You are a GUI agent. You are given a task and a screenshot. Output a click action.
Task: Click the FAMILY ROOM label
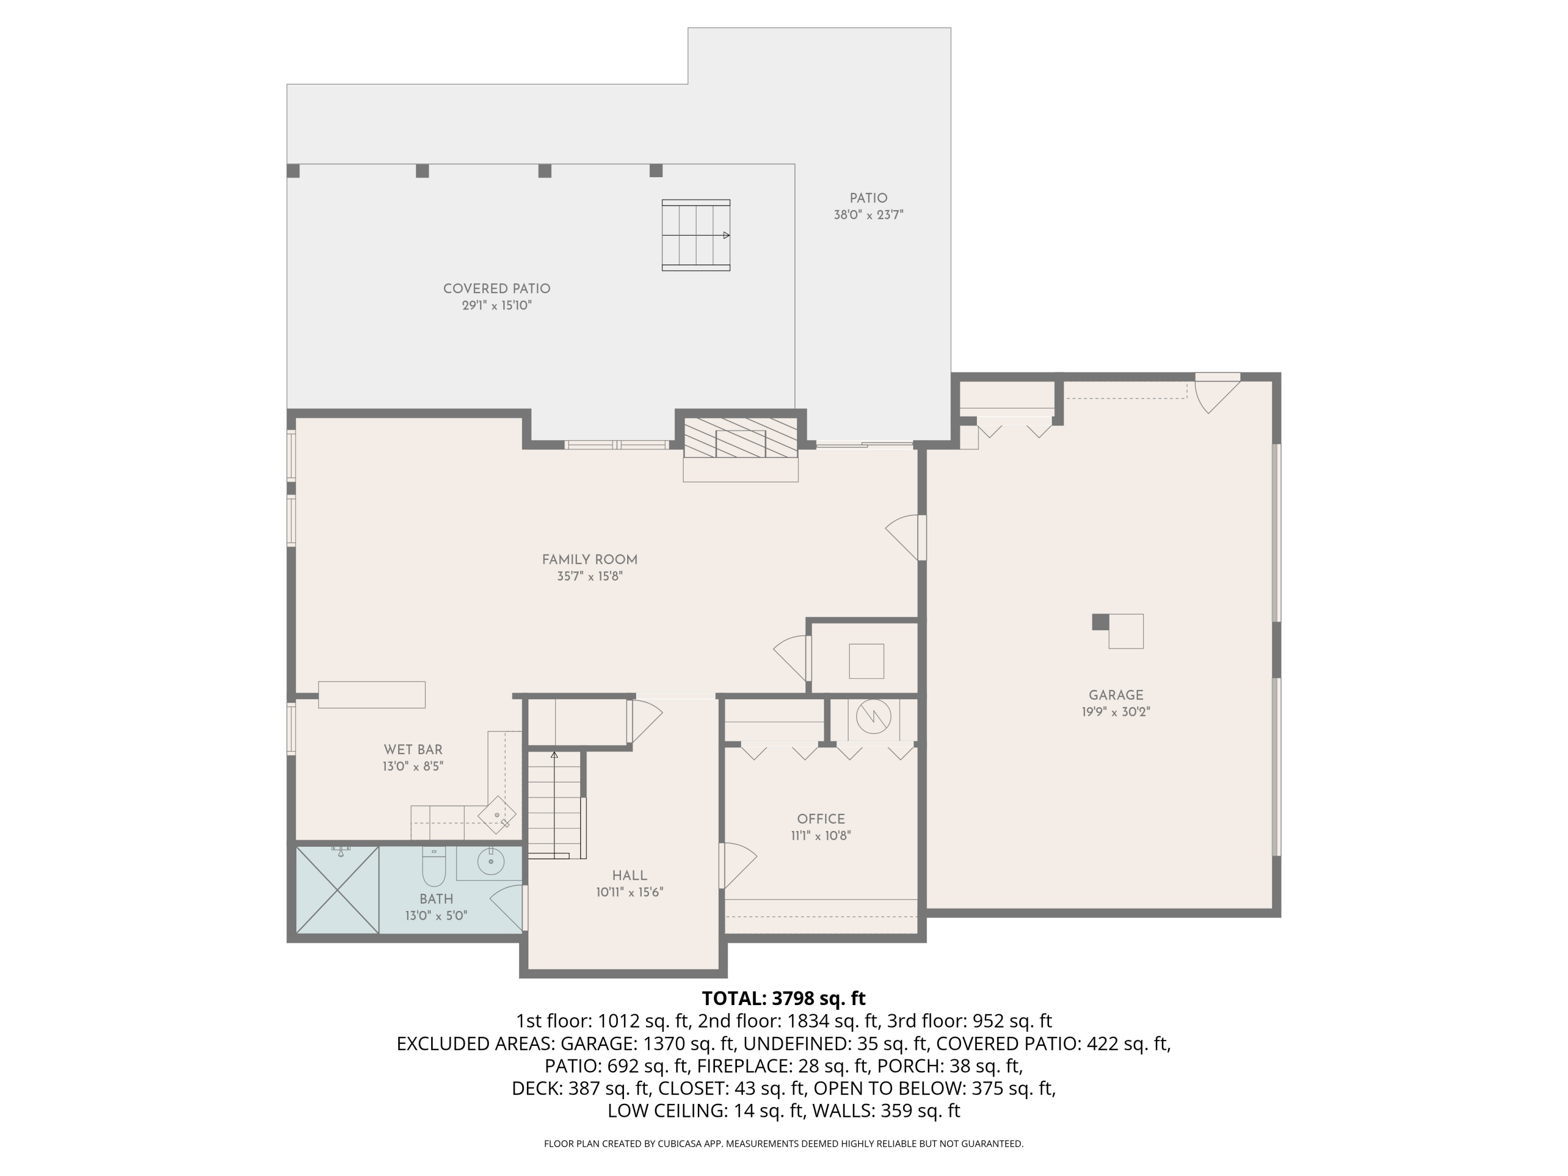pyautogui.click(x=590, y=560)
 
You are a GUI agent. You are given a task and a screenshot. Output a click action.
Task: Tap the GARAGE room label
pyautogui.click(x=1116, y=695)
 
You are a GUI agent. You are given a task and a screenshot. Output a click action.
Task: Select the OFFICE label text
pyautogui.click(x=821, y=818)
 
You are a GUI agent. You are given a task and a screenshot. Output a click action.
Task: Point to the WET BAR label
pyautogui.click(x=413, y=750)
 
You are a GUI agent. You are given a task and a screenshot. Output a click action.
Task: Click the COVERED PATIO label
pyautogui.click(x=497, y=289)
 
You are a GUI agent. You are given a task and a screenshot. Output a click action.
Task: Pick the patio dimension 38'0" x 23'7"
pyautogui.click(x=868, y=215)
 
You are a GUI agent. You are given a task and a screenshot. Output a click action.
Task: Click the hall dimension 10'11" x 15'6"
pyautogui.click(x=629, y=893)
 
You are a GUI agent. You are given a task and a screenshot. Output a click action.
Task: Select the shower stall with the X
pyautogui.click(x=338, y=890)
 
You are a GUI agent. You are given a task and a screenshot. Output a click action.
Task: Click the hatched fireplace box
pyautogui.click(x=741, y=438)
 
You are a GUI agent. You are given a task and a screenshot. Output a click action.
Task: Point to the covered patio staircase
pyautogui.click(x=696, y=235)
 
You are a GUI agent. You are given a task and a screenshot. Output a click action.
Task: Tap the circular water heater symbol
pyautogui.click(x=873, y=718)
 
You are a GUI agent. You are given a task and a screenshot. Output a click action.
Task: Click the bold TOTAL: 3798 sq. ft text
pyautogui.click(x=783, y=999)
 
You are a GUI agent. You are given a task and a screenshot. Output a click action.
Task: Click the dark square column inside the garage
pyautogui.click(x=1100, y=621)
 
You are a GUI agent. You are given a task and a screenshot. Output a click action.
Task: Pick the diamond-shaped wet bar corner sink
pyautogui.click(x=498, y=816)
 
